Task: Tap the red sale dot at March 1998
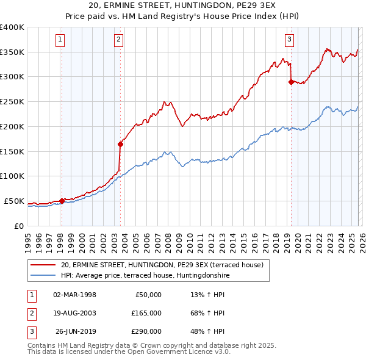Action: click(62, 201)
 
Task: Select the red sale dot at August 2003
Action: click(120, 144)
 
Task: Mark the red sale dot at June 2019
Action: click(291, 82)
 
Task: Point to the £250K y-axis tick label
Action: click(12, 101)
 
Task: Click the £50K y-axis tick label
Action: click(15, 201)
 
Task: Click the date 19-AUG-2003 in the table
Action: click(74, 313)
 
